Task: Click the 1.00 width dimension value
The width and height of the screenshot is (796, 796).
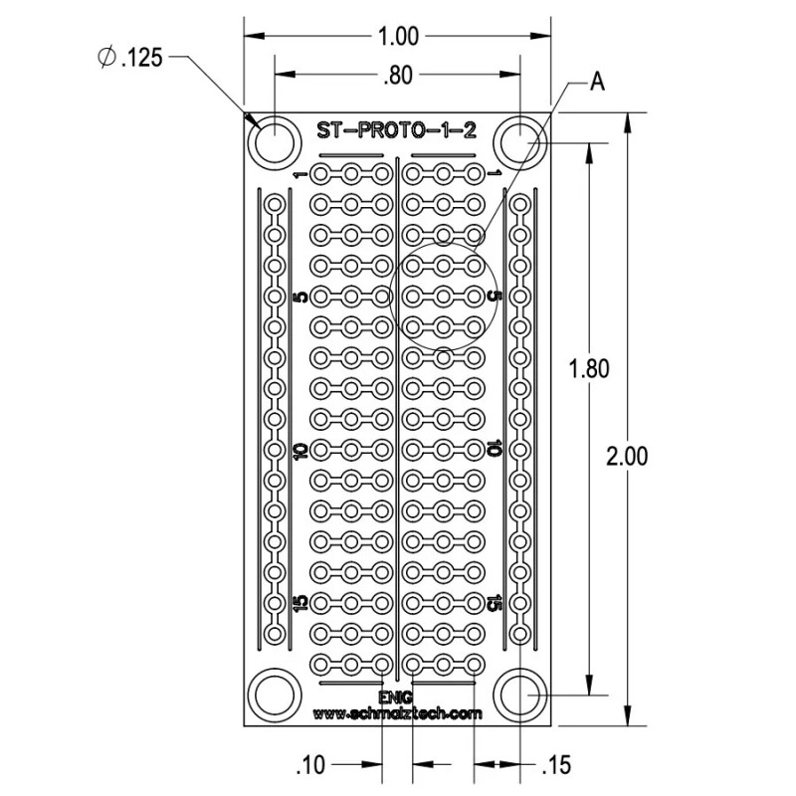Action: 399,37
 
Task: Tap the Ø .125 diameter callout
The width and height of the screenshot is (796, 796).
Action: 129,59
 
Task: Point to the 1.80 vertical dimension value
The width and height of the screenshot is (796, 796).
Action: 588,368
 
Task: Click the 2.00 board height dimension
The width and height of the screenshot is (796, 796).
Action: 628,456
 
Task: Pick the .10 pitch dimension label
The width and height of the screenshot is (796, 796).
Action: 311,764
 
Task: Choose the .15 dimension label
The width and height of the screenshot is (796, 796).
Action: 556,764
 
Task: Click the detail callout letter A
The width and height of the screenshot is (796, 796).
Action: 597,82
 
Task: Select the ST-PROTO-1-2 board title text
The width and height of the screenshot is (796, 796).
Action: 396,129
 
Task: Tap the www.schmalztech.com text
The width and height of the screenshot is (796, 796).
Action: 397,713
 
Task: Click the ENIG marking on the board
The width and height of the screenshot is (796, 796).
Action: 396,696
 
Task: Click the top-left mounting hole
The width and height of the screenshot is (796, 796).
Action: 274,142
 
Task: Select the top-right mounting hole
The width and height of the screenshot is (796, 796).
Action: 521,142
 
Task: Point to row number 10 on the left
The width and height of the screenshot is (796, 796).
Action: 298,450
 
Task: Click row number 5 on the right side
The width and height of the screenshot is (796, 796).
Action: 495,298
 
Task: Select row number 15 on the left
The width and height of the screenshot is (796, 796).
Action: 298,603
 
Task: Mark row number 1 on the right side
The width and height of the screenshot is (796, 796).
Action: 495,175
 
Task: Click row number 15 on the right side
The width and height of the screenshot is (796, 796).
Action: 495,603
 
